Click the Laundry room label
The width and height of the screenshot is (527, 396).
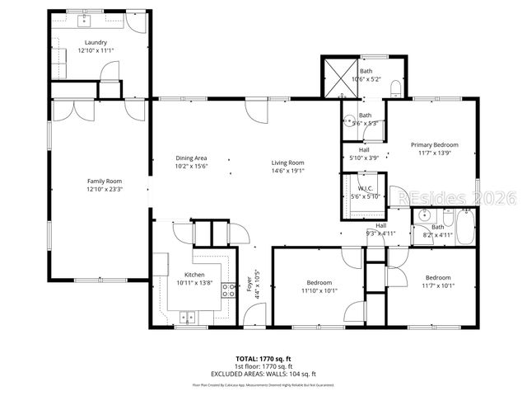pyautogui.click(x=96, y=41)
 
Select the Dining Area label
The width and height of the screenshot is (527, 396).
pyautogui.click(x=190, y=158)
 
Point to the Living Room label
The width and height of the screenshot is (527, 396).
pyautogui.click(x=288, y=163)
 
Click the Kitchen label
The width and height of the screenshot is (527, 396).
pyautogui.click(x=194, y=275)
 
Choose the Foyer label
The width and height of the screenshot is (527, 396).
pyautogui.click(x=250, y=285)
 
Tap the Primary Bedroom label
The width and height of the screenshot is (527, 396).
pyautogui.click(x=435, y=145)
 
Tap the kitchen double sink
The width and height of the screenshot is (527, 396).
pyautogui.click(x=188, y=315)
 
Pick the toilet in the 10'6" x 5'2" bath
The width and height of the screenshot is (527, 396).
pyautogui.click(x=394, y=87)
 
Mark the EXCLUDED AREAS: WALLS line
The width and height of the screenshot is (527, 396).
pyautogui.click(x=263, y=374)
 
